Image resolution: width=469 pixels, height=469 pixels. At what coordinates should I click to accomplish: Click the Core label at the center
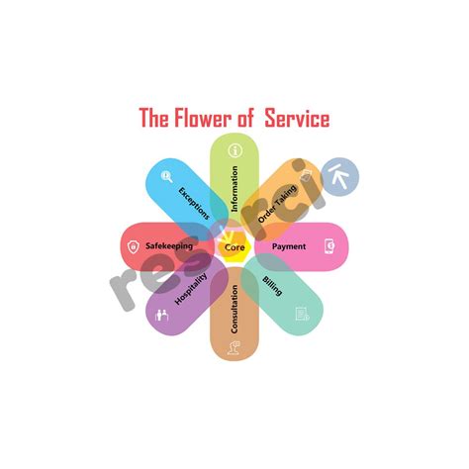point(234,245)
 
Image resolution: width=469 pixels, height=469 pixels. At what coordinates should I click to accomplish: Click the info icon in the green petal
point(234,151)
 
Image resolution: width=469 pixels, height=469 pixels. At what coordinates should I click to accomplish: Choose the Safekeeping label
point(169,245)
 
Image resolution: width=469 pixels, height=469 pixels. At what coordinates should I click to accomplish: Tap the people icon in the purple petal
point(163,316)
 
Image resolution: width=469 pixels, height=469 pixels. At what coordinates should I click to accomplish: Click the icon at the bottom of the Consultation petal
point(234,344)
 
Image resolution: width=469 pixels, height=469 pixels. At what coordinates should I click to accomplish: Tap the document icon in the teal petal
point(302,314)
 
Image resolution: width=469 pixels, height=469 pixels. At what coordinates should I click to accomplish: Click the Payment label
point(289,245)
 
